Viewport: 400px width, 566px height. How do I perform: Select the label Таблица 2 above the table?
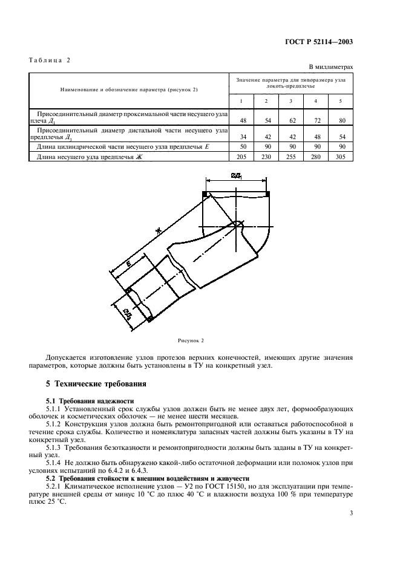click(x=50, y=60)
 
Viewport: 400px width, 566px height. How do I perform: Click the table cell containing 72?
click(x=316, y=120)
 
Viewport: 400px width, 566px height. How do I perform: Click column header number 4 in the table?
click(x=316, y=100)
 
